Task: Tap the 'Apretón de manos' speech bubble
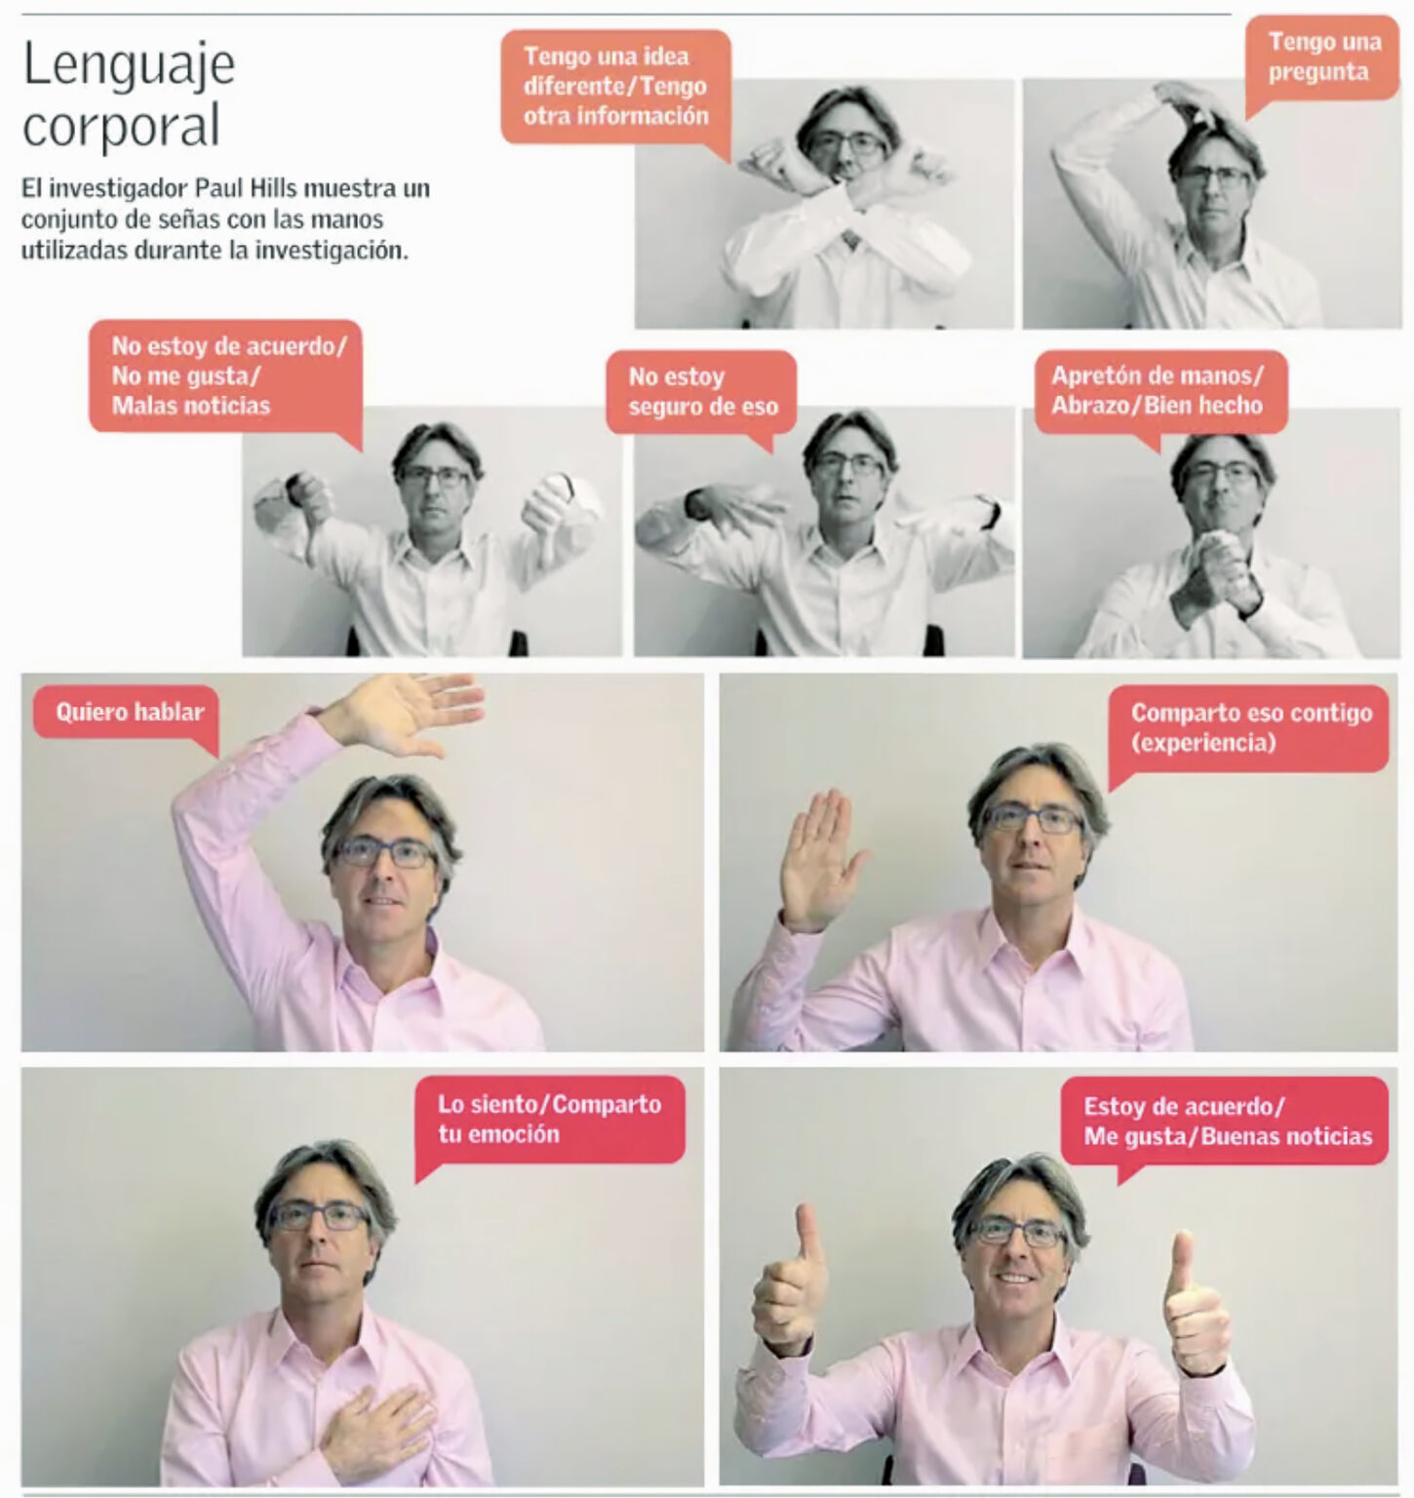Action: click(1156, 392)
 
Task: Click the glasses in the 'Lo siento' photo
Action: click(321, 1215)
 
